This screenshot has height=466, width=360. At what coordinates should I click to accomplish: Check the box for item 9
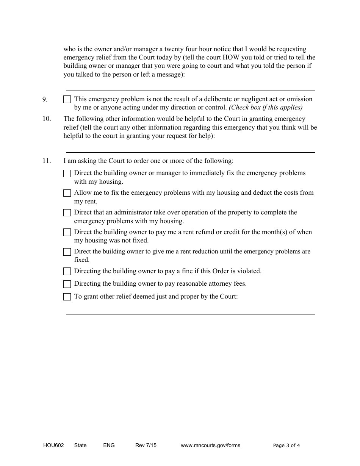(x=67, y=100)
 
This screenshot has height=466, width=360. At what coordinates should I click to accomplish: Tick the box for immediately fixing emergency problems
(x=67, y=174)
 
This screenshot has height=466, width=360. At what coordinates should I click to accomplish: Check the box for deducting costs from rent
(x=67, y=193)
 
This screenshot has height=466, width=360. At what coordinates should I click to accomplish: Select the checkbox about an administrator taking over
(x=67, y=213)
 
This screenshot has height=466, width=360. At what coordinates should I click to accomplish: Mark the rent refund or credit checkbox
(x=67, y=232)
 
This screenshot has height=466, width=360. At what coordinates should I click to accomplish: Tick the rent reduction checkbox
(x=67, y=252)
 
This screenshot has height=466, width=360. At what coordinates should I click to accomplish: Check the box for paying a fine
(x=67, y=271)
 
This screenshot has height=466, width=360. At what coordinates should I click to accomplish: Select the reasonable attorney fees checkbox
(x=67, y=284)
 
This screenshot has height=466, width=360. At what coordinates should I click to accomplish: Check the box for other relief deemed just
(x=67, y=297)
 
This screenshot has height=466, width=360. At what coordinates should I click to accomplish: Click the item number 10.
(x=47, y=119)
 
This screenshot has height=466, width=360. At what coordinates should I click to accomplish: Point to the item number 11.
(x=47, y=161)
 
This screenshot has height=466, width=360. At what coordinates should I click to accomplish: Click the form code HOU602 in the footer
(x=53, y=446)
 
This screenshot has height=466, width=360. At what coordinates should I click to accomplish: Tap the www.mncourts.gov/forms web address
(x=210, y=446)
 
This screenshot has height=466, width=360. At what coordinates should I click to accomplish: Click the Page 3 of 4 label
(x=286, y=446)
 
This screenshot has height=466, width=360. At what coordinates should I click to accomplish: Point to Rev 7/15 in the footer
(x=146, y=446)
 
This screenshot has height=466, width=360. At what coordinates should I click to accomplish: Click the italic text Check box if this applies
(x=266, y=108)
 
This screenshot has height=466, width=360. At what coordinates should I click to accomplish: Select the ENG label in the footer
(x=109, y=446)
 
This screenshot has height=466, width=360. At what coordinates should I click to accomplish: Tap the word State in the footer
(x=80, y=446)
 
